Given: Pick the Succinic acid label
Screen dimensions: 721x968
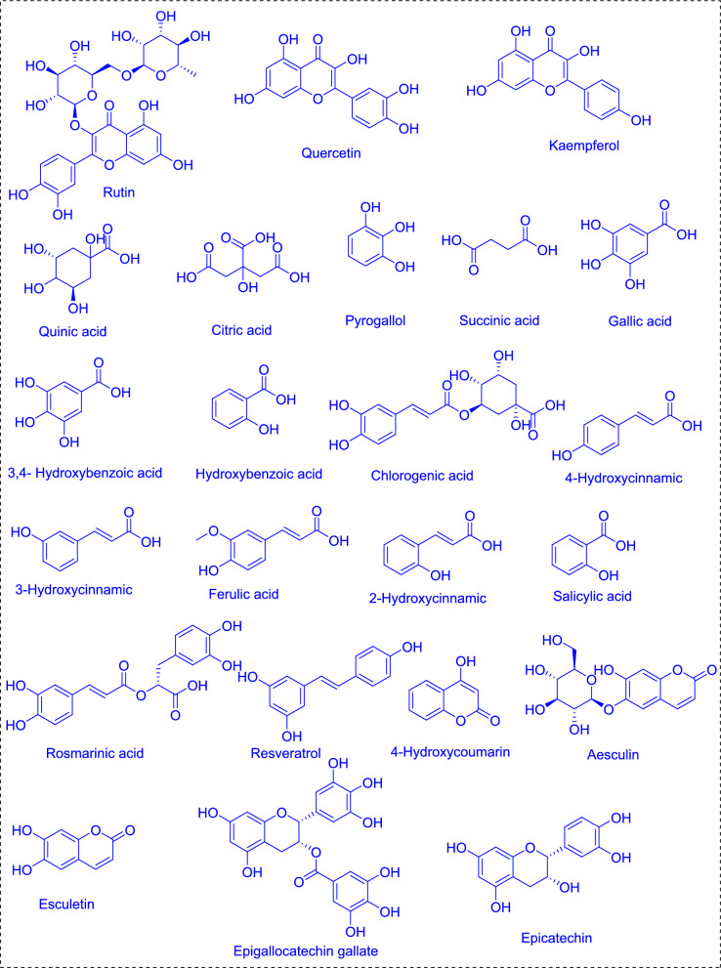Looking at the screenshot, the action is coord(496,319).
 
